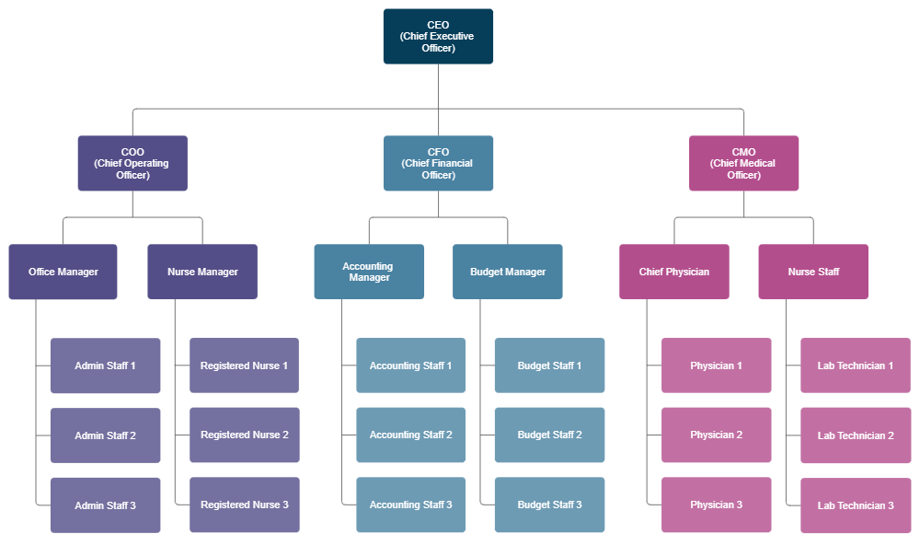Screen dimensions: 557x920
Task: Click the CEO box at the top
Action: [x=438, y=37]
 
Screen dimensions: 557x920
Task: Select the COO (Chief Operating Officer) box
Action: [x=132, y=164]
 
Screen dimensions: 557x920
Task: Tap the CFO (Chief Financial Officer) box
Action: [x=438, y=164]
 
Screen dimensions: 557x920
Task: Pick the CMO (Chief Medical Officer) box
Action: [x=743, y=164]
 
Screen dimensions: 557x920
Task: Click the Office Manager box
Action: [x=63, y=272]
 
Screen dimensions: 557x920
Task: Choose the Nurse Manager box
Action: [x=202, y=272]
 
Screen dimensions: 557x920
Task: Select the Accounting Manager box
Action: [x=368, y=272]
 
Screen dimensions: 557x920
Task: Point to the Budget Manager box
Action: [x=508, y=272]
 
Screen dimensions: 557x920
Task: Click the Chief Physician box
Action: [x=674, y=272]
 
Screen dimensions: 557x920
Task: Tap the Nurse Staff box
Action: [x=813, y=272]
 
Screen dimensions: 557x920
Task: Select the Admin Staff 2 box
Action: [x=105, y=435]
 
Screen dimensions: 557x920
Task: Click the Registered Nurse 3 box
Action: [x=244, y=505]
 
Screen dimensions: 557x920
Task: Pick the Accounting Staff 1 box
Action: [x=410, y=366]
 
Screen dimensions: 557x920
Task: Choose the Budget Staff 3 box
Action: [x=549, y=505]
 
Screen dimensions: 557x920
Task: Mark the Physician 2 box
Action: [x=716, y=435]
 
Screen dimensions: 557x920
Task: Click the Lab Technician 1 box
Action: [x=856, y=366]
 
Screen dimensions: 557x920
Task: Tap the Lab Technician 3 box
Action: [x=856, y=505]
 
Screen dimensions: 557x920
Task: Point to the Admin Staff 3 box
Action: [x=105, y=505]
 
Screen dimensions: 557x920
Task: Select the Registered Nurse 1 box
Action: [x=244, y=366]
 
